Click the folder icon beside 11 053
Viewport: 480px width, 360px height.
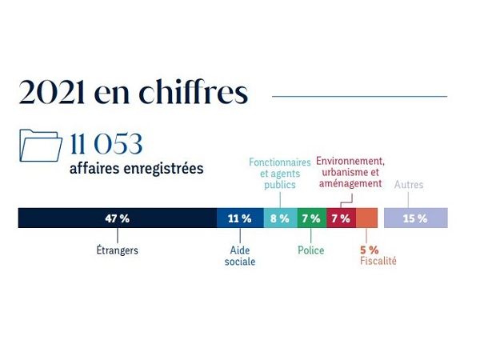click(40, 146)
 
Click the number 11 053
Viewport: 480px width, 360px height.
click(106, 145)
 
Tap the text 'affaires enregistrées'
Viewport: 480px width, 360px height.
click(136, 169)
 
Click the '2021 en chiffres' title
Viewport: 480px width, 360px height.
click(133, 94)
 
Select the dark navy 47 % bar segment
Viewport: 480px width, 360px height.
click(117, 218)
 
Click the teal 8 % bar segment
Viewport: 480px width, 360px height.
click(280, 218)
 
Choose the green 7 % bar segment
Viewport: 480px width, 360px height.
click(311, 218)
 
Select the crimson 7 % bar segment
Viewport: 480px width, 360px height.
click(341, 218)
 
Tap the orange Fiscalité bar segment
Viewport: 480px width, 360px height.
click(366, 218)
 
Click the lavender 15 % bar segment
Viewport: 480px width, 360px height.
click(415, 218)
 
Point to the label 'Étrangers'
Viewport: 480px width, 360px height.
click(117, 250)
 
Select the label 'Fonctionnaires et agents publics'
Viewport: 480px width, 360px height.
click(279, 174)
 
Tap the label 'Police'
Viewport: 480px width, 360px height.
click(310, 250)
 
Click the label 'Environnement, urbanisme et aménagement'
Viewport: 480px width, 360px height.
click(350, 173)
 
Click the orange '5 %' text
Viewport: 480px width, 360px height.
click(369, 249)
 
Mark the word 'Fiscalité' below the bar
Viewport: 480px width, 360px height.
click(378, 261)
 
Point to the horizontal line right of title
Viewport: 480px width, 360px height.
click(359, 96)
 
